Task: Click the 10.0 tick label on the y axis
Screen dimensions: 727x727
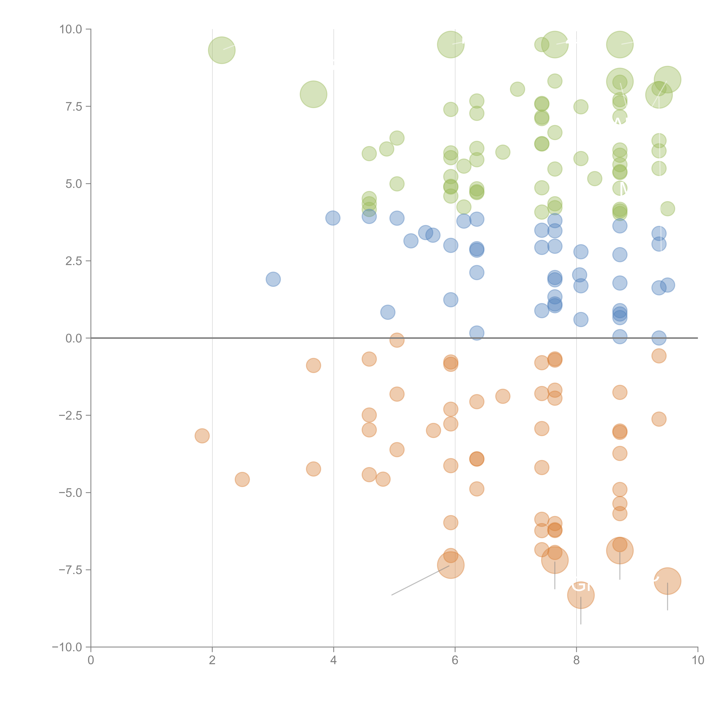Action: (71, 29)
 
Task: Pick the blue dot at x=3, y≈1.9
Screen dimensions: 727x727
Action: (273, 279)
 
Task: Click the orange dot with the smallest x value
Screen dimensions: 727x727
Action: (202, 436)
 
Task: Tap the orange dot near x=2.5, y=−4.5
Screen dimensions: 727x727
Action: (242, 479)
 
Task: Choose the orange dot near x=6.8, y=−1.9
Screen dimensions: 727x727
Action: (503, 396)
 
